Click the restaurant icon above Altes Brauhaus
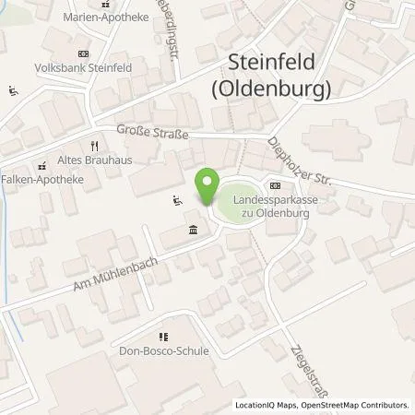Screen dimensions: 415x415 [94, 146]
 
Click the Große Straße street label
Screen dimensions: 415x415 [152, 135]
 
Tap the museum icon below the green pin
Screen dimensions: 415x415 [192, 230]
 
